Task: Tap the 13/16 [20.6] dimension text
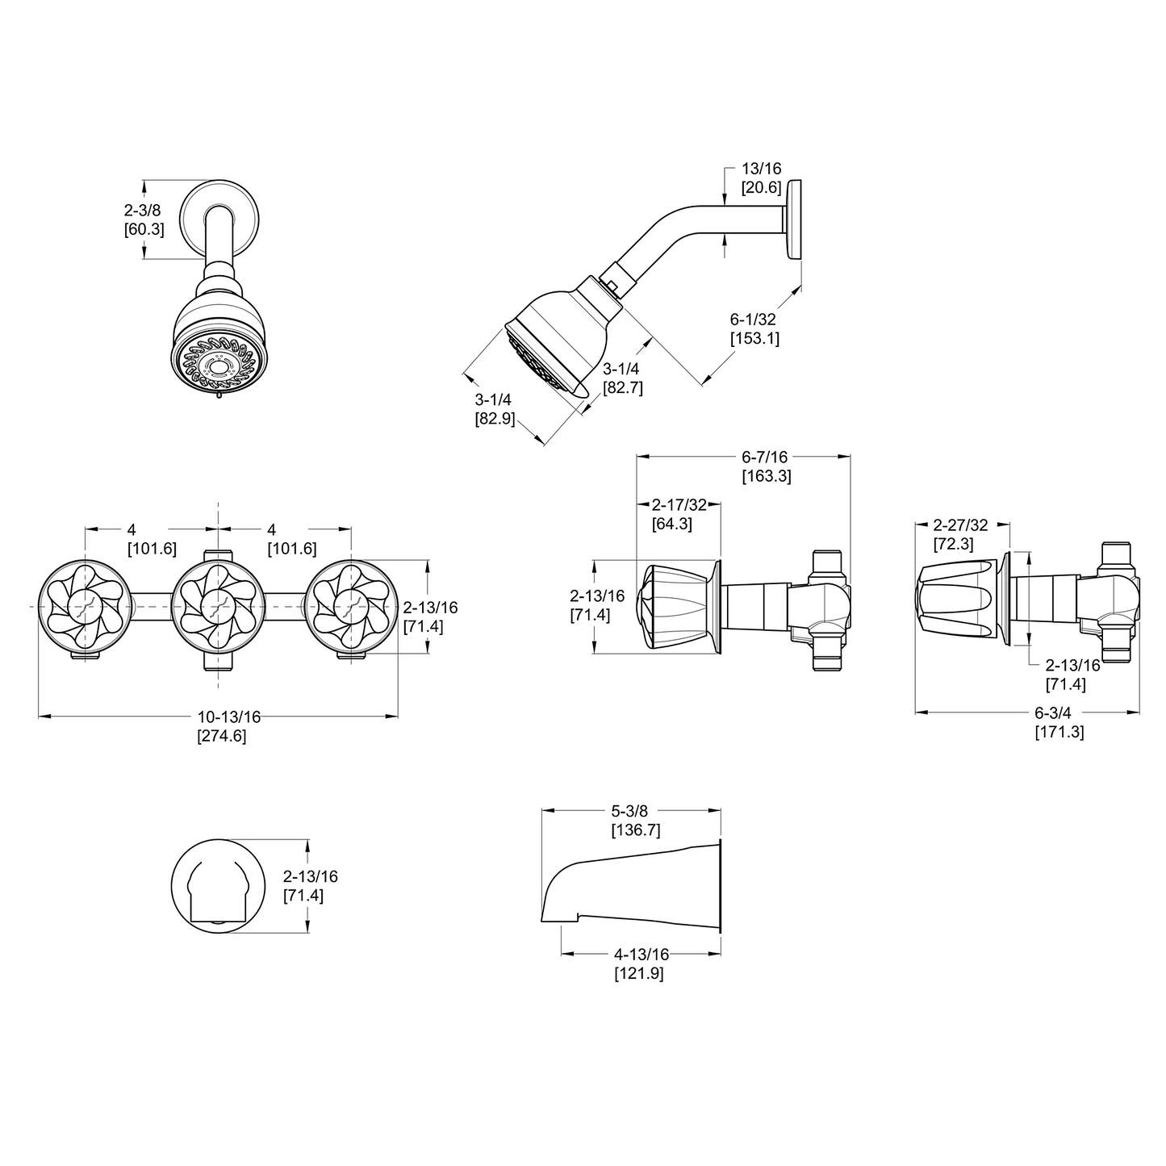761,178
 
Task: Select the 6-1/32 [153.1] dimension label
754,329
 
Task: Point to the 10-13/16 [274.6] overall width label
221,726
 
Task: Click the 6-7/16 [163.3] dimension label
766,467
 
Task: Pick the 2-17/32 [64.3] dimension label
678,514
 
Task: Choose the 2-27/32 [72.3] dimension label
959,534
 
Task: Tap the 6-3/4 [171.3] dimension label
1059,723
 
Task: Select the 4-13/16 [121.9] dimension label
638,964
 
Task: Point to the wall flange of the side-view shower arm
796,219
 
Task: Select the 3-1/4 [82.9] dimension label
494,409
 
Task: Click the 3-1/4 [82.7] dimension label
622,378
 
